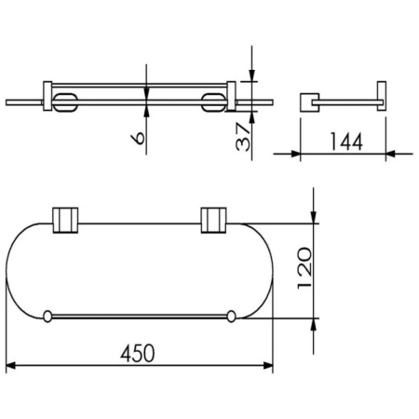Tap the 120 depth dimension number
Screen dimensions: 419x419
click(299, 270)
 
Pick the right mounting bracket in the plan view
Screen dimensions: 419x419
click(213, 220)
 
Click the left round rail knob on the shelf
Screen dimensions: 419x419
click(47, 317)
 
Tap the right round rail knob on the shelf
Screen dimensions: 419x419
click(230, 317)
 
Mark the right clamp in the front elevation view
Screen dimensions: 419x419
click(214, 100)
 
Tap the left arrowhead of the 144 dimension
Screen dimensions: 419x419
click(304, 154)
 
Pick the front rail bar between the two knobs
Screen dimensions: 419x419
click(139, 317)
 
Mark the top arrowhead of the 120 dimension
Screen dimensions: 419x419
click(315, 217)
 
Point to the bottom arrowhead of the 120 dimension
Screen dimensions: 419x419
click(315, 323)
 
